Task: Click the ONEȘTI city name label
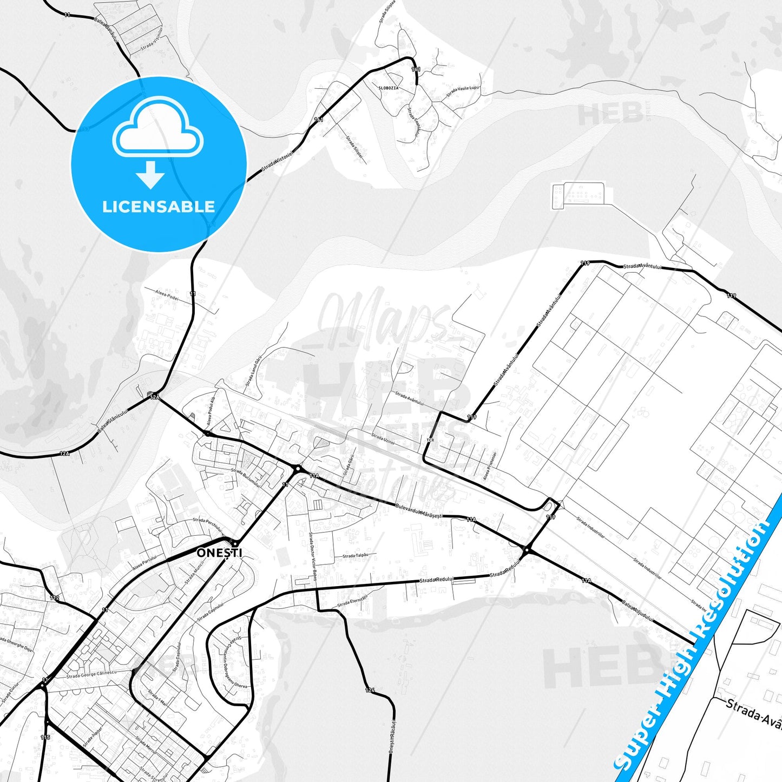(x=219, y=553)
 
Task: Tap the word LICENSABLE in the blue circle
(x=159, y=207)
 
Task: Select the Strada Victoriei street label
(x=277, y=161)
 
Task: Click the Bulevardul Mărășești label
(x=418, y=511)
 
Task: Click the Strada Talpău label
(x=355, y=556)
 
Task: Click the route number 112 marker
(x=54, y=597)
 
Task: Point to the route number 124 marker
(x=370, y=690)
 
